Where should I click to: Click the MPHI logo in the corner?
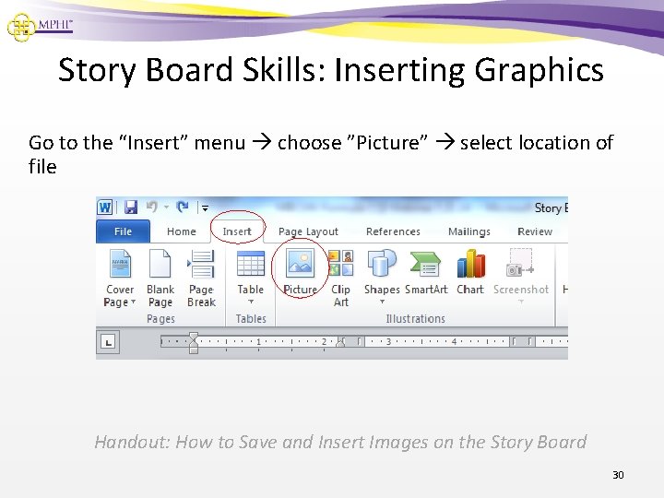coord(39,25)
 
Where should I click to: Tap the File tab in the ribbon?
coord(123,231)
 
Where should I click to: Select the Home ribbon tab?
coord(181,231)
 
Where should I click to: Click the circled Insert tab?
coord(237,231)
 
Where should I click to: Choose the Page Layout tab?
coord(308,231)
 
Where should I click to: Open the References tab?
coord(393,231)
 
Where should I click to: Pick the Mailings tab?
coord(469,231)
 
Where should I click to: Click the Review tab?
coord(535,231)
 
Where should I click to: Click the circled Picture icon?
coord(300,264)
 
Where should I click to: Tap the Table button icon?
coord(251,264)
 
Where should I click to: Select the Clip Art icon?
coord(341,264)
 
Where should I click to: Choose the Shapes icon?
coord(382,264)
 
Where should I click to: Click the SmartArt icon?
coord(426,264)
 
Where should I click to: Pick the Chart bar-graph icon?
coord(470,264)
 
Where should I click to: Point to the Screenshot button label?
coord(521,290)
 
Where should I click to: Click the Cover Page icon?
coord(121,265)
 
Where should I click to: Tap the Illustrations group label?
coord(415,319)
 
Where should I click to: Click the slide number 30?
coord(618,475)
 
